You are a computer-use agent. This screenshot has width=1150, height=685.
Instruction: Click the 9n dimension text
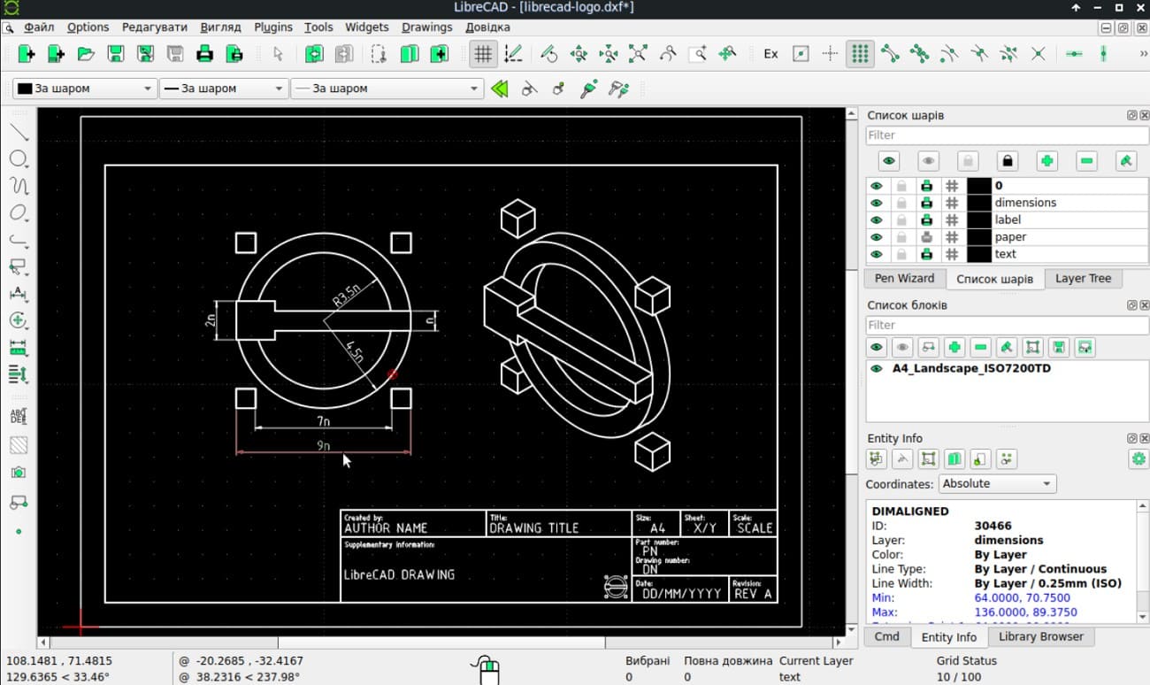[323, 446]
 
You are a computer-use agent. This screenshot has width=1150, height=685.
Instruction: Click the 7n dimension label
[323, 421]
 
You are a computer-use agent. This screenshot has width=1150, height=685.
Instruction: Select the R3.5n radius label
[347, 294]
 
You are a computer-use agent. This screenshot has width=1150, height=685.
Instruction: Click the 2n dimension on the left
[211, 319]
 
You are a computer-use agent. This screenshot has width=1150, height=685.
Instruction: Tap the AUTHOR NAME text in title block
[386, 528]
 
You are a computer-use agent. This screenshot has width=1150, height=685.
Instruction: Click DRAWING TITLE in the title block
[533, 528]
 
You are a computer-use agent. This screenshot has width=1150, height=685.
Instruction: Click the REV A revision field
[753, 594]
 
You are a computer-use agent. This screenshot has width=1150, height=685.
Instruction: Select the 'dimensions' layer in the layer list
[1025, 203]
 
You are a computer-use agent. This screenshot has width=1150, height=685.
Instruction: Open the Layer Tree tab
[1083, 278]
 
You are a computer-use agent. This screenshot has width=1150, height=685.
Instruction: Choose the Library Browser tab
[1040, 636]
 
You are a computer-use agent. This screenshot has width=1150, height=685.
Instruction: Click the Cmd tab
[886, 636]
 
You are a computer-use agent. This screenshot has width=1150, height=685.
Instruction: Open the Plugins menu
[273, 27]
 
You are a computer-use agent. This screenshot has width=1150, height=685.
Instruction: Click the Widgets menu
[367, 27]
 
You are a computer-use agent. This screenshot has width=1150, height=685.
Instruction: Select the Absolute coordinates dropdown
[997, 484]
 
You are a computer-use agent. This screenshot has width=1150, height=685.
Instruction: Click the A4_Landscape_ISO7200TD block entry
[971, 368]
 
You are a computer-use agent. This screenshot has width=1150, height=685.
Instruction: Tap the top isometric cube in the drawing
[517, 218]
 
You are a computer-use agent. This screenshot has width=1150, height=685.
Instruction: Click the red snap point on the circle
[393, 374]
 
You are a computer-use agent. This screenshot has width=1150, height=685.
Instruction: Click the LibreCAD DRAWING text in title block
[399, 574]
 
